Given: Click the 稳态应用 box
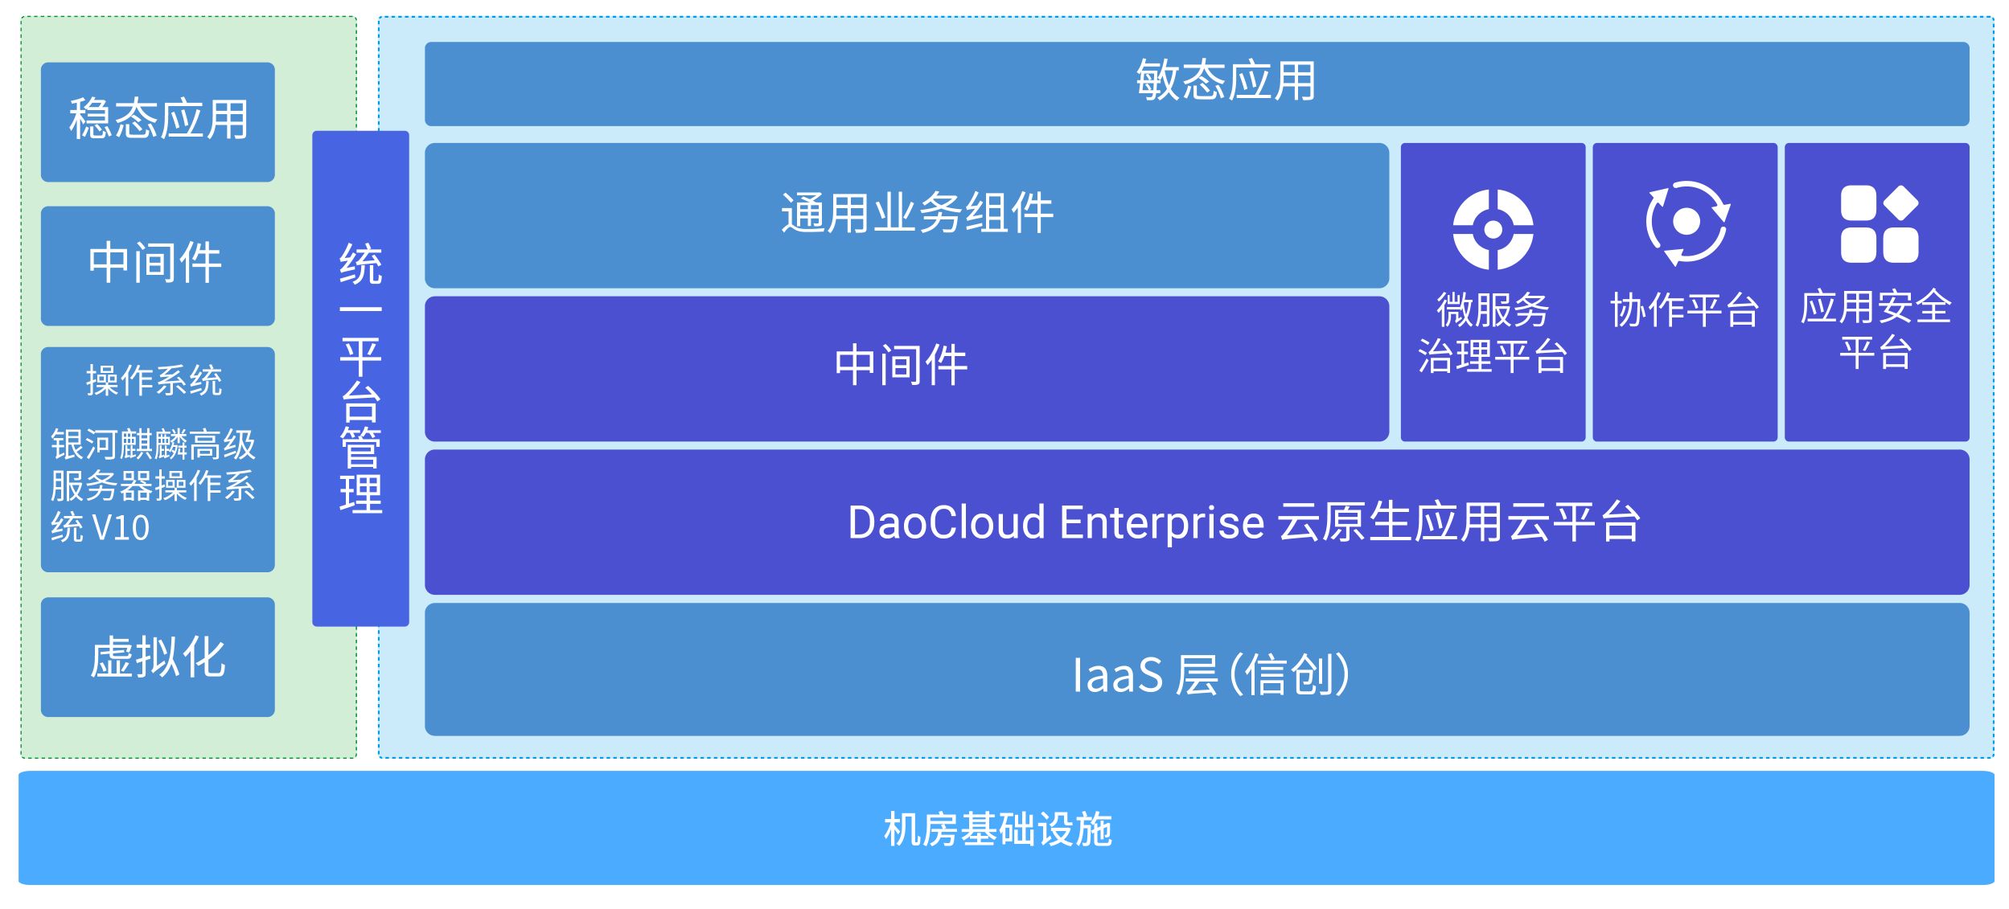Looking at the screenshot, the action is [158, 122].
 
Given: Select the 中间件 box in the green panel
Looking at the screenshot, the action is [158, 266].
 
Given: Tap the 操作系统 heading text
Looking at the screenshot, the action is [154, 380].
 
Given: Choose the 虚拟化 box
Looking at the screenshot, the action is [158, 657].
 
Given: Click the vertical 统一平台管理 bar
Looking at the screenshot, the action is [360, 379].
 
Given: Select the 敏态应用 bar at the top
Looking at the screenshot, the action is [1197, 84].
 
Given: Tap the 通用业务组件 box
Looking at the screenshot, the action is [906, 215].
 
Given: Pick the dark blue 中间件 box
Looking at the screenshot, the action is [906, 369].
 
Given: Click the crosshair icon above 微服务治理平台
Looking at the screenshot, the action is [1493, 230].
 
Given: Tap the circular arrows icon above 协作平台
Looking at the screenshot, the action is [1686, 223].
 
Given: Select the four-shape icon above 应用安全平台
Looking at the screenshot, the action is [1880, 224].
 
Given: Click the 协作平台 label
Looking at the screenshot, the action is [1685, 310].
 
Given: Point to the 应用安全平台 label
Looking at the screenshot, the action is [1876, 330].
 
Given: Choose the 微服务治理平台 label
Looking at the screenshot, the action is [1493, 334].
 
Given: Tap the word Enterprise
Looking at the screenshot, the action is [1162, 524].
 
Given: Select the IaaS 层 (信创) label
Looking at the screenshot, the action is [1211, 674].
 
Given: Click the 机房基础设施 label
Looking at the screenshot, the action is [998, 829].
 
